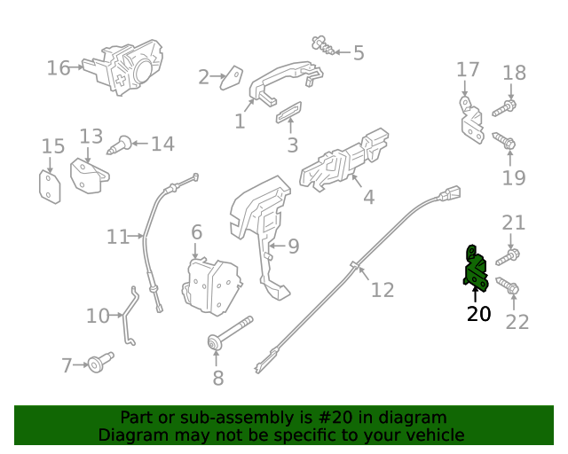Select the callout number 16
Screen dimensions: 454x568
click(58, 68)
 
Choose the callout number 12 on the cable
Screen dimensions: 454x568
click(382, 289)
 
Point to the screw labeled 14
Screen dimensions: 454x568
click(121, 144)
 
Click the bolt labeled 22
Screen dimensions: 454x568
click(508, 286)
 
